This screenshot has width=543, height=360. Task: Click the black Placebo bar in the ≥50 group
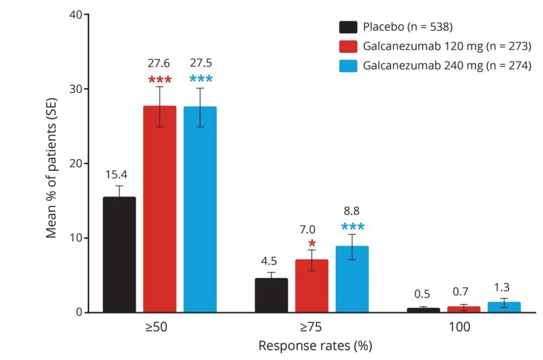119,254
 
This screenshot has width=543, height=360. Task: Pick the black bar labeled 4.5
271,295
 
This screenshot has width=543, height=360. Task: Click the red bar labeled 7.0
311,286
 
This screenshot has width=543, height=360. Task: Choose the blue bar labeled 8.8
352,280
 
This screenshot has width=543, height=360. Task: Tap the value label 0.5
423,294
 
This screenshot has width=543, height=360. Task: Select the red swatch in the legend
348,46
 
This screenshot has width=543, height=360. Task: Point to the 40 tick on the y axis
76,14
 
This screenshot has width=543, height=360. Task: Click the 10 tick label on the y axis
76,238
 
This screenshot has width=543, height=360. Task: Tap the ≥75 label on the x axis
311,327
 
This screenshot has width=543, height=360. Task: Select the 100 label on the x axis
464,327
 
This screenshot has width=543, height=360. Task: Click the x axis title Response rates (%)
311,346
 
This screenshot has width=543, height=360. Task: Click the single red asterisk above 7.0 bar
311,244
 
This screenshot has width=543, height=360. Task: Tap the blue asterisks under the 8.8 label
352,227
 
